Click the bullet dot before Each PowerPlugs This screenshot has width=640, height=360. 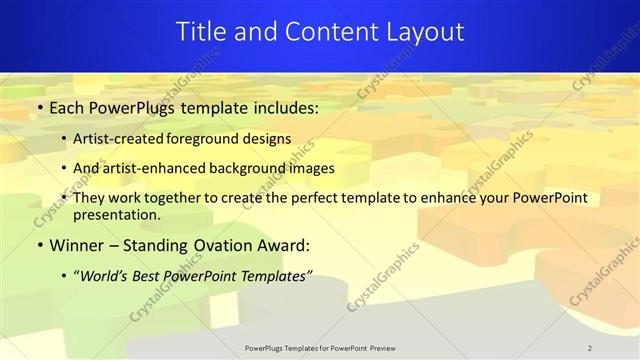click(39, 106)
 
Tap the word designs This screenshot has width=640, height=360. click(267, 140)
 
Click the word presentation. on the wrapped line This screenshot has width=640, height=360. click(117, 214)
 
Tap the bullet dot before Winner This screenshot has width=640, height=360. click(39, 245)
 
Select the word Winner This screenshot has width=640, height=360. click(75, 244)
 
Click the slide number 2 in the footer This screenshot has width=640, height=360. click(590, 348)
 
